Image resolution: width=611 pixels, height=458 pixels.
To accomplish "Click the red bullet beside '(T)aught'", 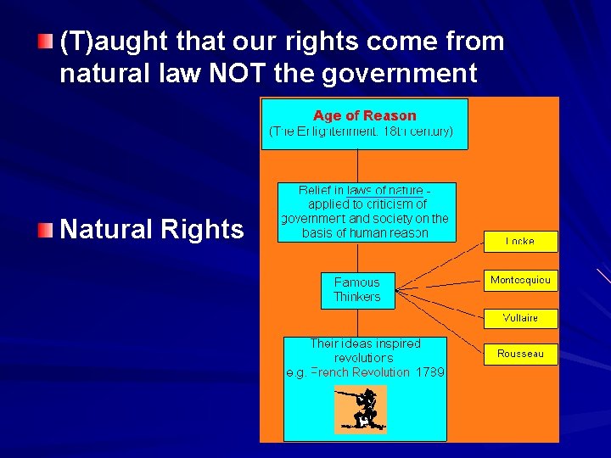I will point(47,42).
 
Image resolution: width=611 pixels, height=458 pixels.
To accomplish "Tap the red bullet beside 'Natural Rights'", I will point(47,230).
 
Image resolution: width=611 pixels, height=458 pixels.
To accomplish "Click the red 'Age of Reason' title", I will point(365,115).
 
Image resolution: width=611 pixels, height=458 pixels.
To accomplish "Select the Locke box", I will point(520,242).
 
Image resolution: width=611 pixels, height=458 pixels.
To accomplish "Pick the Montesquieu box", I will point(520,280).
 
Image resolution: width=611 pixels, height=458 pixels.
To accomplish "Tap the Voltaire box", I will point(520,318).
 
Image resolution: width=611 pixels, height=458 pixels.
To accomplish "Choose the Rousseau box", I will point(520,354).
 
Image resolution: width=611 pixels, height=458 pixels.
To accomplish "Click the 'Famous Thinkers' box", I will point(357,290).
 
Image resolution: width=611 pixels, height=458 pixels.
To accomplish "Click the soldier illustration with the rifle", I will point(360,409).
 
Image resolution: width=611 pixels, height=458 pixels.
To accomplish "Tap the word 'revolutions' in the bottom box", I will point(365,358).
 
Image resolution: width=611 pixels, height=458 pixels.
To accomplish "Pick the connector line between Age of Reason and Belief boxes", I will point(357,166).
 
